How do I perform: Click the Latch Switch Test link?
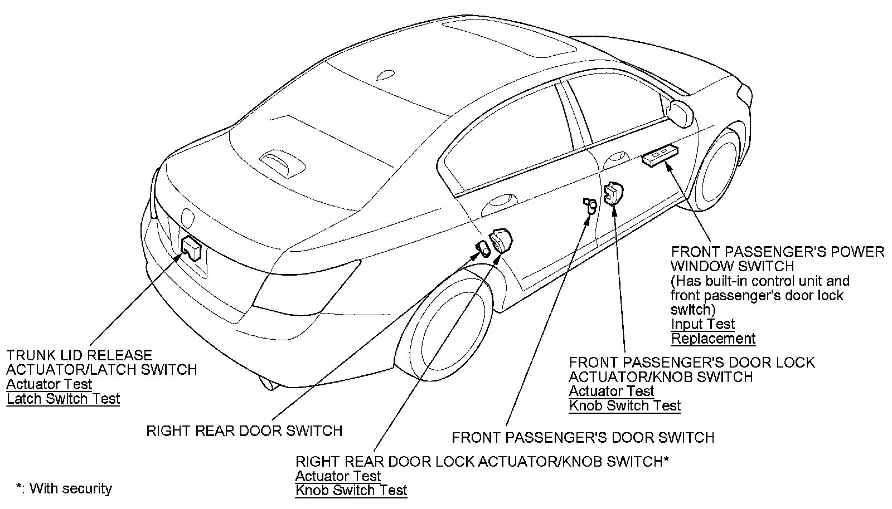click(63, 399)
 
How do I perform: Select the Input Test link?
click(702, 324)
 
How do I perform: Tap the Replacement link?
click(713, 339)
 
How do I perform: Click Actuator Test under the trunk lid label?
click(49, 384)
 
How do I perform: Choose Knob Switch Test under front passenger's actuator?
click(624, 406)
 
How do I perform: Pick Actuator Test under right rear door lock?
click(338, 476)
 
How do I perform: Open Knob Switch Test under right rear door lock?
click(351, 491)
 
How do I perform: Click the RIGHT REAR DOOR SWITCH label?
click(244, 431)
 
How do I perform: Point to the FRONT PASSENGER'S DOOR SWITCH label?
click(583, 438)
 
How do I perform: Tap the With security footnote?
click(64, 489)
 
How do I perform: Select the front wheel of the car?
click(720, 168)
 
